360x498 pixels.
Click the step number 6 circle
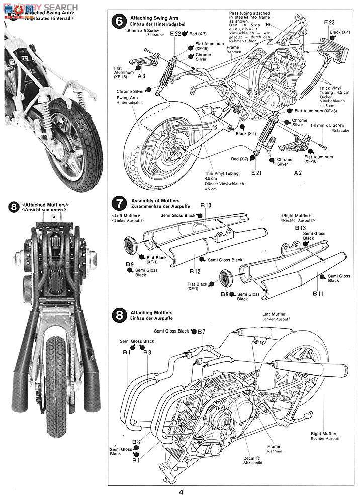(119, 22)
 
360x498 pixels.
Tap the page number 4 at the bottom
(181, 492)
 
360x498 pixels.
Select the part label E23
(329, 22)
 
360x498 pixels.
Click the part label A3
(142, 76)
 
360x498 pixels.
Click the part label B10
(205, 205)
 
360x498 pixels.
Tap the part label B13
(300, 228)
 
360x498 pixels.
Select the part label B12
(195, 271)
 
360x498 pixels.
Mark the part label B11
(319, 293)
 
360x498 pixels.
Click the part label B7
(201, 331)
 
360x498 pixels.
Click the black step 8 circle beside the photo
(14, 207)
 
